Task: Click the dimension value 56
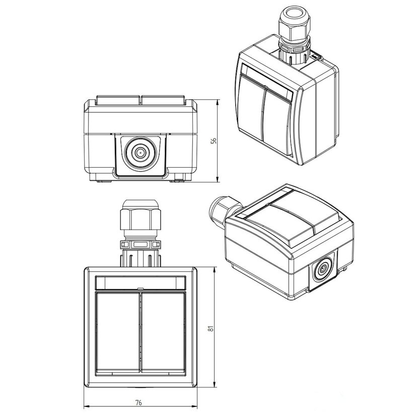[x=214, y=141]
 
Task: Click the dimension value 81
[x=211, y=328]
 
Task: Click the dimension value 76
[x=138, y=402]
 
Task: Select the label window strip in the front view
[x=141, y=283]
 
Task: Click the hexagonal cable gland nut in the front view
[x=141, y=219]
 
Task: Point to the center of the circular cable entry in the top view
[x=140, y=153]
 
